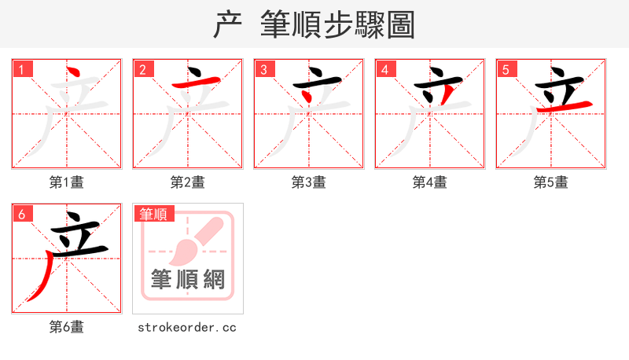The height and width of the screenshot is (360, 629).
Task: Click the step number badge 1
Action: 21,69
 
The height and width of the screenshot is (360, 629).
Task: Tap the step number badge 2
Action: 142,69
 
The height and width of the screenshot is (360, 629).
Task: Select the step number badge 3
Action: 263,69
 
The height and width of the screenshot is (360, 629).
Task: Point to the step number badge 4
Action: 384,69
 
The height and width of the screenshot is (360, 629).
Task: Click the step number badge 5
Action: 506,69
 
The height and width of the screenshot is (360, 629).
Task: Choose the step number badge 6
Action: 21,214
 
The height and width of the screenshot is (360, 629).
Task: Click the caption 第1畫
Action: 67,182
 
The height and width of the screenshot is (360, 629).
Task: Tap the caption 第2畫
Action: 188,182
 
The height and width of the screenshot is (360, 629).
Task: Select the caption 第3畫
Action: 309,182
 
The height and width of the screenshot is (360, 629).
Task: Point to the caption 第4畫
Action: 430,182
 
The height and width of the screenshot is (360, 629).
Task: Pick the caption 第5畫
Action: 551,182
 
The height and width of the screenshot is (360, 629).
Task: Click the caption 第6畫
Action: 67,327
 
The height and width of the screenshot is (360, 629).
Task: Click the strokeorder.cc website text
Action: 187,327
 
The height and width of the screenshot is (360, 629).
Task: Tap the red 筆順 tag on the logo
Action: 154,214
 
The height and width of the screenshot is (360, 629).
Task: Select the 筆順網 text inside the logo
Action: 188,279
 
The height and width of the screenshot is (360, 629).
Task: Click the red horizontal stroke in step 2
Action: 189,83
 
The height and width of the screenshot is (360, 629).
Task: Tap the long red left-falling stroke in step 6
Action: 43,275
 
